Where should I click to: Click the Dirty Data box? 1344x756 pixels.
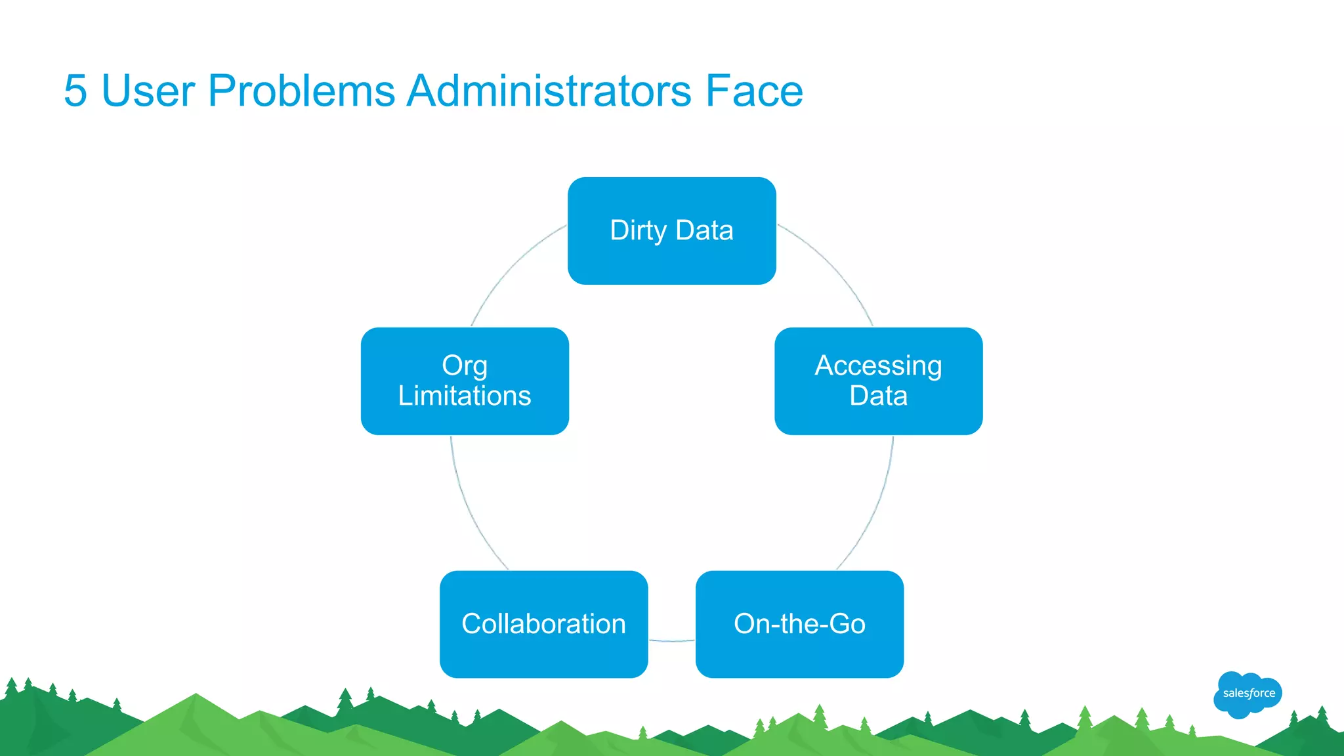671,230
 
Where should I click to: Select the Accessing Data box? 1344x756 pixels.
878,381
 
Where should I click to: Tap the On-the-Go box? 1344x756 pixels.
799,623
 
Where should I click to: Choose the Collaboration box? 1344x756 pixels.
543,623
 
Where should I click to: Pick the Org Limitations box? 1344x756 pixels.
465,381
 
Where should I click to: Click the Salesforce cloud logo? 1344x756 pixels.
1248,694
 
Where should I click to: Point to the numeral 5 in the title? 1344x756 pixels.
75,91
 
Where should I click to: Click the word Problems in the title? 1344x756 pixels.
301,91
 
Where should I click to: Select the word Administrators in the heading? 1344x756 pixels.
549,91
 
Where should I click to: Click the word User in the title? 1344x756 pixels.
148,91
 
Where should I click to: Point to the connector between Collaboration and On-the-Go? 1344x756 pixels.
671,640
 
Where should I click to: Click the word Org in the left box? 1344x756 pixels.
465,366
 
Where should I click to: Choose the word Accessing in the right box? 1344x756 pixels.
878,366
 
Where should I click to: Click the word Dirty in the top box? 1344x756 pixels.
638,230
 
